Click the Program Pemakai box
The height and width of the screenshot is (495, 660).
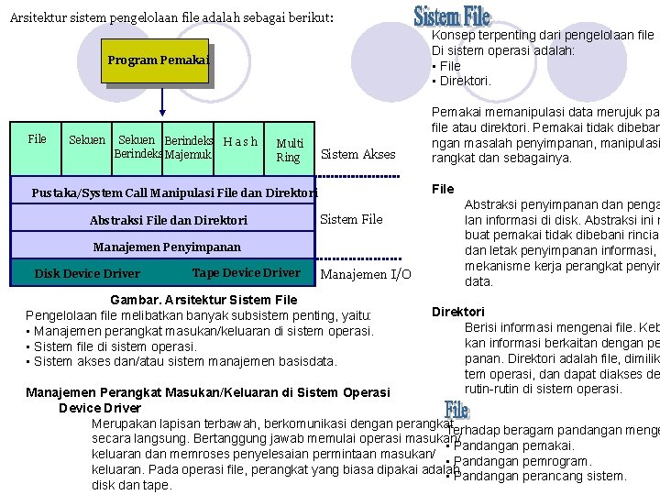(x=158, y=60)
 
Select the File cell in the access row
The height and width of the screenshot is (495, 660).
(x=37, y=139)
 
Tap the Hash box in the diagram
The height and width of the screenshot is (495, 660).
(x=240, y=141)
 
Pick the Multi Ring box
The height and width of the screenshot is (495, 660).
(x=290, y=149)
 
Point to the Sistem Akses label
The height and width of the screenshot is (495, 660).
(x=358, y=154)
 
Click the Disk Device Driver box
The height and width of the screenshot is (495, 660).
(x=87, y=273)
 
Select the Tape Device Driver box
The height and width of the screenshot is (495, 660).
(x=246, y=272)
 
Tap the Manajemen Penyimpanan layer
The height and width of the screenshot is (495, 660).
(x=167, y=247)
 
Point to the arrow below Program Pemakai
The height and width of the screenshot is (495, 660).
(x=162, y=103)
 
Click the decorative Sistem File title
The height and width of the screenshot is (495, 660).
(x=452, y=16)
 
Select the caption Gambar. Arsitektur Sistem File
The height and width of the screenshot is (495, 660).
(x=203, y=300)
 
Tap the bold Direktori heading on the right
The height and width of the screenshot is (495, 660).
(x=458, y=312)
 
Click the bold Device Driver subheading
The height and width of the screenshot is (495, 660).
(x=99, y=408)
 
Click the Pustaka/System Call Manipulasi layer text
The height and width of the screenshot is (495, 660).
(x=174, y=193)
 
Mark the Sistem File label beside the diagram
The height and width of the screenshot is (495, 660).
(x=351, y=219)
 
